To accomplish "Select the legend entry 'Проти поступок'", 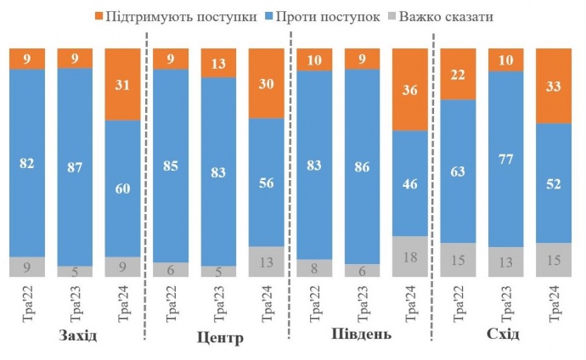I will pyautogui.click(x=320, y=16).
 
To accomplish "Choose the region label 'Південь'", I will pyautogui.click(x=361, y=334).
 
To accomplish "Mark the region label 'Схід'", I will pyautogui.click(x=503, y=335).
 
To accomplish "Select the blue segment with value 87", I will pyautogui.click(x=75, y=166).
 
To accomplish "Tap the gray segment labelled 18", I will pyautogui.click(x=409, y=256).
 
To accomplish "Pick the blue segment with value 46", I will pyautogui.click(x=409, y=183).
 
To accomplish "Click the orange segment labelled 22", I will pyautogui.click(x=458, y=74).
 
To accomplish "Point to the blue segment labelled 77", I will pyautogui.click(x=505, y=159).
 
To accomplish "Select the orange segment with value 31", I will pyautogui.click(x=122, y=84).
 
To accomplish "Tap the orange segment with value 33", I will pyautogui.click(x=554, y=86).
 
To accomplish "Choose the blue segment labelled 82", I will pyautogui.click(x=26, y=162).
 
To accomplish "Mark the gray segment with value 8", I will pyautogui.click(x=313, y=268).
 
